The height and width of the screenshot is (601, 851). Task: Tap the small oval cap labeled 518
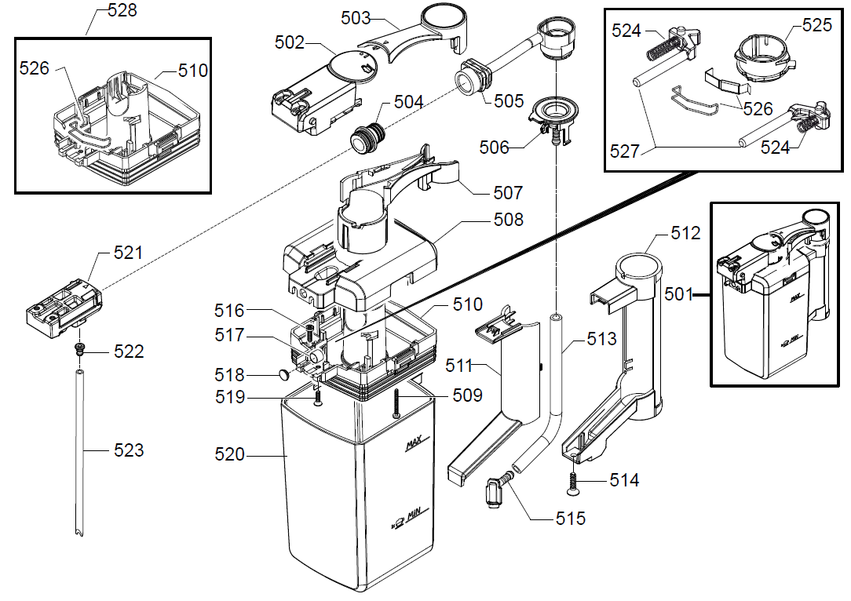[283, 376]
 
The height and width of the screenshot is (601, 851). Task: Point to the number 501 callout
[680, 295]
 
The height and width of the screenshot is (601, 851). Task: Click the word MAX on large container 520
[414, 445]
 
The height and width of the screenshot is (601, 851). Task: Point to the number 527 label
[625, 151]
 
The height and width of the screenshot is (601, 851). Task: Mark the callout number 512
[685, 233]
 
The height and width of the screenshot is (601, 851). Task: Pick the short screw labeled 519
[318, 398]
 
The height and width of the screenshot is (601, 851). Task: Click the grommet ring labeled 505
[472, 77]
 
